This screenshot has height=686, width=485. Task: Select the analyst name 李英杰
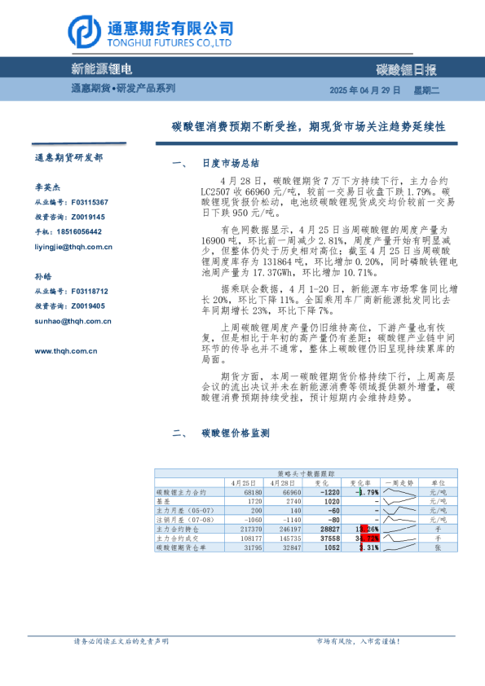pyautogui.click(x=46, y=187)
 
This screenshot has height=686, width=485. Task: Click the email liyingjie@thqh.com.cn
pyautogui.click(x=73, y=247)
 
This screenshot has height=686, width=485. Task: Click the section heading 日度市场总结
pyautogui.click(x=230, y=163)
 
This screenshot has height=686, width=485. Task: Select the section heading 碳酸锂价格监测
pyautogui.click(x=235, y=433)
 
